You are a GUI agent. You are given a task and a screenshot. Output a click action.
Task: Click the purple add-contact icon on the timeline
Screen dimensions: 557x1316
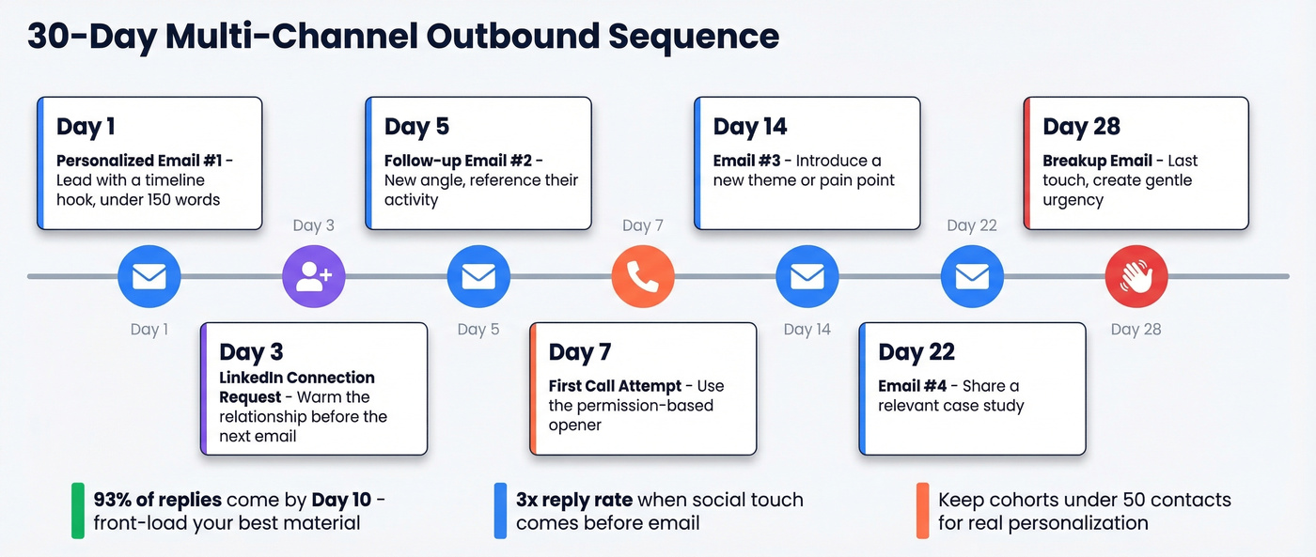click(x=314, y=277)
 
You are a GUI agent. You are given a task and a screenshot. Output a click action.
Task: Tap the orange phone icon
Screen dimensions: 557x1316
click(x=643, y=277)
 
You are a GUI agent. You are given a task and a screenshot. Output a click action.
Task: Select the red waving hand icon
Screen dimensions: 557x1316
click(x=1136, y=277)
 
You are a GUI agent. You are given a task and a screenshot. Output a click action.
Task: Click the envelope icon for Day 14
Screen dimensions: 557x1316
click(x=807, y=277)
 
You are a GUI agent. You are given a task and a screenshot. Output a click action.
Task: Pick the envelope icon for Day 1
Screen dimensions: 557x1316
click(x=149, y=277)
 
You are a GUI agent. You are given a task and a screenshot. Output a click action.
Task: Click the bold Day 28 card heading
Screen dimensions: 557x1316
click(x=1081, y=127)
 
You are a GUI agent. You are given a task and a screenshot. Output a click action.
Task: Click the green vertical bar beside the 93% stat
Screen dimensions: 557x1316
click(x=78, y=510)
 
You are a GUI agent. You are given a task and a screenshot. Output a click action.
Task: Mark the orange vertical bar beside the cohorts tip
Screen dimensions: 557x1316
click(x=923, y=510)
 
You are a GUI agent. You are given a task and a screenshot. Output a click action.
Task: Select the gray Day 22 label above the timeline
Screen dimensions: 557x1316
click(x=972, y=225)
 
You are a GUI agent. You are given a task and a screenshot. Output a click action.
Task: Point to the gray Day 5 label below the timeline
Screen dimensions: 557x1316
click(x=478, y=329)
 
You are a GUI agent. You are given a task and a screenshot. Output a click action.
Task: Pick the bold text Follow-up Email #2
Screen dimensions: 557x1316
click(x=459, y=161)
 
